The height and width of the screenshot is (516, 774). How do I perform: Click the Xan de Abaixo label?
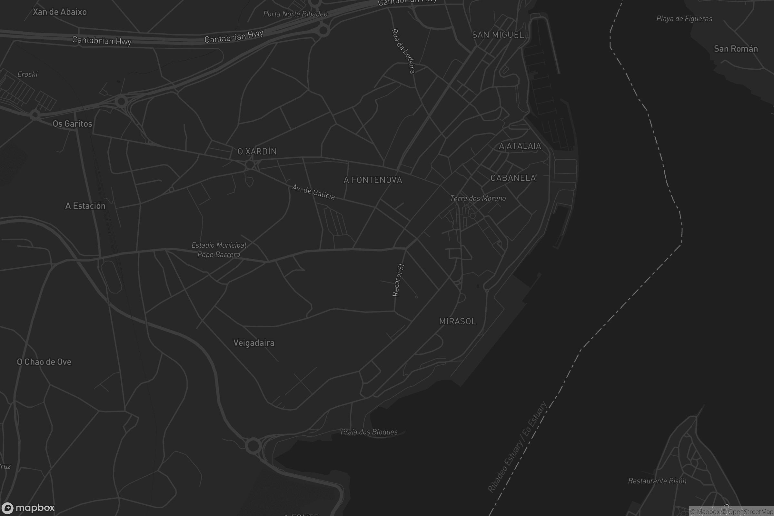click(x=60, y=12)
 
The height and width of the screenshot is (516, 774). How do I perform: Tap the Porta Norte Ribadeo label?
click(x=295, y=14)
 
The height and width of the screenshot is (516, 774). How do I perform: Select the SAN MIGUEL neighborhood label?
click(x=498, y=35)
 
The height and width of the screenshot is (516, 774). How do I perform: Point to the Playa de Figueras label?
click(x=684, y=19)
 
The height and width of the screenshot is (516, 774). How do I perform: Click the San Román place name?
click(x=736, y=49)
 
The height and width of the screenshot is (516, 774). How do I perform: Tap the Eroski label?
click(x=27, y=74)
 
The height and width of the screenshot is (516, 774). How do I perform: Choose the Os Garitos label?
click(x=72, y=124)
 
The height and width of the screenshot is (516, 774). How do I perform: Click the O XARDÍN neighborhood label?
click(x=257, y=151)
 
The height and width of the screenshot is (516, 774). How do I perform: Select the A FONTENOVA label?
click(x=373, y=180)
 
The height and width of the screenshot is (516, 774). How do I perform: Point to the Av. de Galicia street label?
click(x=313, y=192)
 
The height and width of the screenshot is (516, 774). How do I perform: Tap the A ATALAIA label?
click(x=520, y=146)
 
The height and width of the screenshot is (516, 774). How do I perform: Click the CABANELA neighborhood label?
click(x=513, y=178)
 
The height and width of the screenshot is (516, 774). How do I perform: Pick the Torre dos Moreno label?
click(x=478, y=198)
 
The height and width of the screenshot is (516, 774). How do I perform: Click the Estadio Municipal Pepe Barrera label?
click(x=219, y=250)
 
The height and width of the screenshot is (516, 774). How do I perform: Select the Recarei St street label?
click(x=398, y=280)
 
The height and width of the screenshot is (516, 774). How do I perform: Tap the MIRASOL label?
click(x=458, y=321)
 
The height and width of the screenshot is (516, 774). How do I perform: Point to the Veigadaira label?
click(x=254, y=343)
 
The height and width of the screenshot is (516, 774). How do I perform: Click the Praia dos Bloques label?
click(x=369, y=432)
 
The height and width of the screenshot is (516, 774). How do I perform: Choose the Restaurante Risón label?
click(x=657, y=481)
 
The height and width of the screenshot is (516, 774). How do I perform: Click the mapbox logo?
click(x=28, y=508)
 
